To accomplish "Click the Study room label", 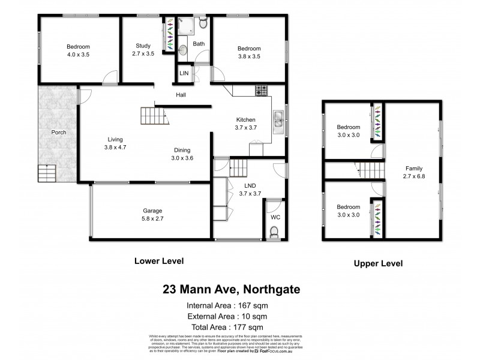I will [143, 45].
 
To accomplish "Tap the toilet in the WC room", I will [275, 231].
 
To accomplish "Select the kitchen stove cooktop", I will [262, 92].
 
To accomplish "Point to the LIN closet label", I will [184, 73].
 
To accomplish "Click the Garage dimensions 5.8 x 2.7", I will [153, 219].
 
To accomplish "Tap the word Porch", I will [59, 132].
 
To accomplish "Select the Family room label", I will [413, 169].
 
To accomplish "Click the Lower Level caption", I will [158, 261].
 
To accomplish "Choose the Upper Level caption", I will [378, 263].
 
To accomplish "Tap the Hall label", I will [181, 95].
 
